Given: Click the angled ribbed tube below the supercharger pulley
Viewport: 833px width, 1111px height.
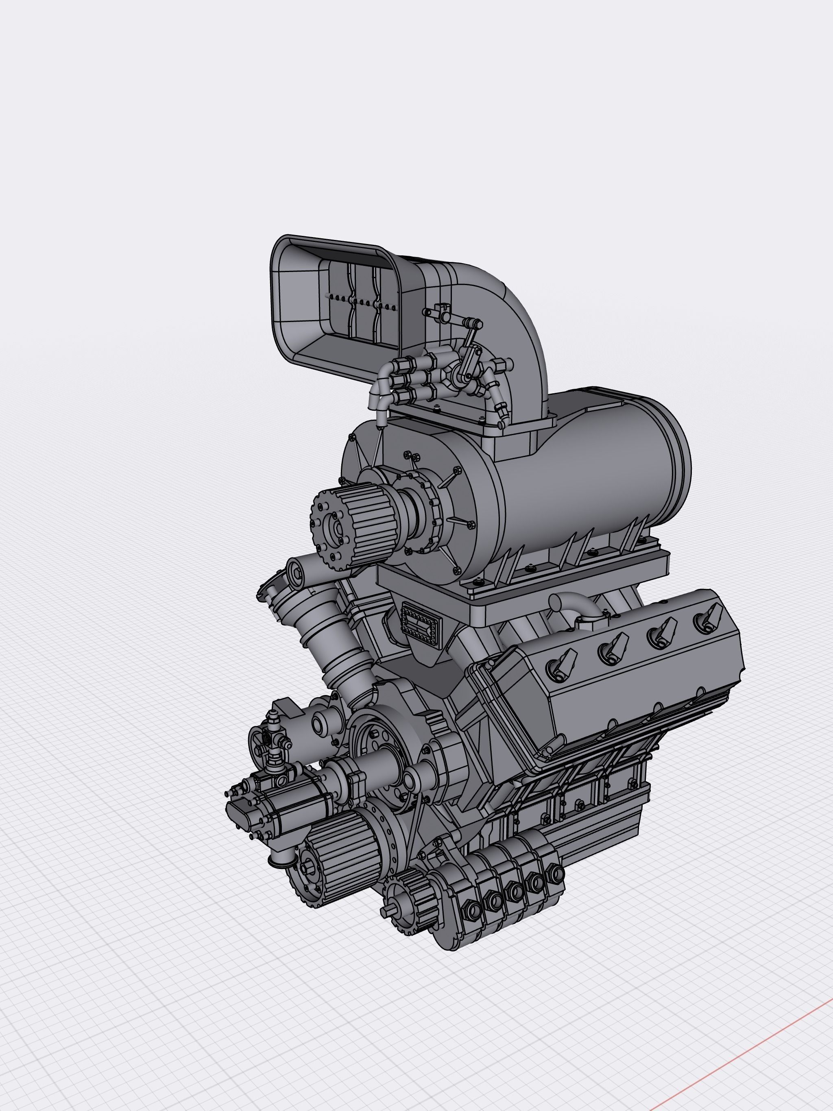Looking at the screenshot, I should click(337, 648).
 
